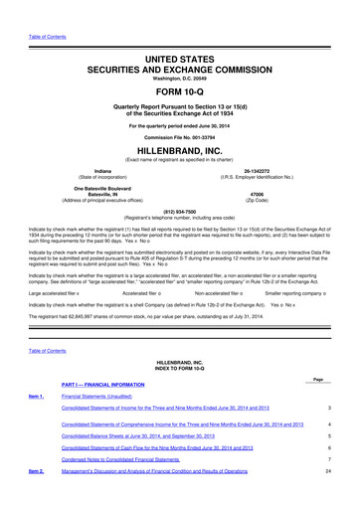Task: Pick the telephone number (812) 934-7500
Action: click(x=179, y=211)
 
